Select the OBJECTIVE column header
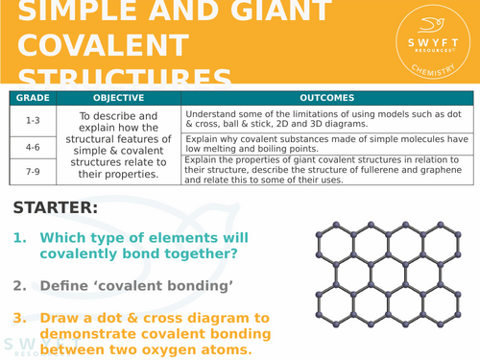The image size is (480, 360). tap(118, 98)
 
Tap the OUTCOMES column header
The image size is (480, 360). tap(326, 98)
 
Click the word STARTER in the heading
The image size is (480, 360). tap(55, 208)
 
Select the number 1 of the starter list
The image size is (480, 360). tap(19, 237)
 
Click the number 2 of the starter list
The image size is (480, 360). tap(19, 285)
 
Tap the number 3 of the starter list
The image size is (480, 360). tap(19, 317)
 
